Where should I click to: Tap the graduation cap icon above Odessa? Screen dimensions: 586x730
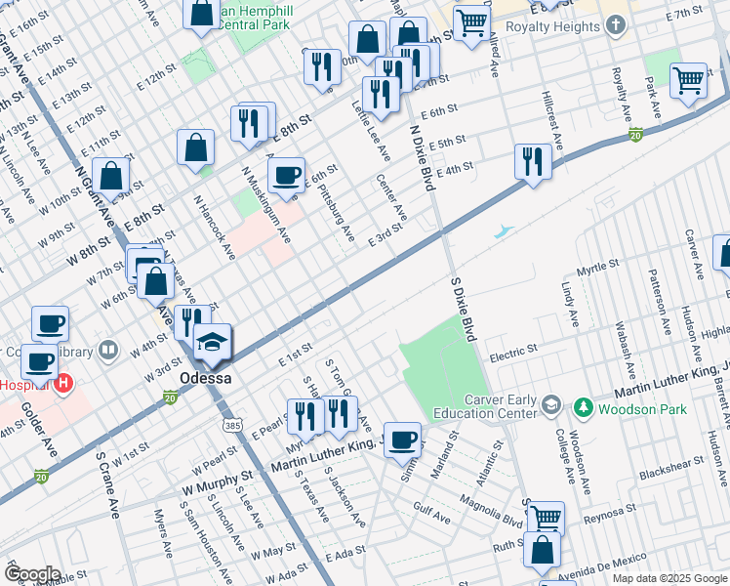point(212,343)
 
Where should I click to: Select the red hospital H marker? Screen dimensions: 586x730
point(64,382)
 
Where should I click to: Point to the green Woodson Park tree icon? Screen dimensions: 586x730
point(583,405)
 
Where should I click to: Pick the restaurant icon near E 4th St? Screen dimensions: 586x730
point(533,160)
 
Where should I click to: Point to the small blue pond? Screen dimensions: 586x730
point(503,232)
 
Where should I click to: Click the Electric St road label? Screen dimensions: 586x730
point(513,350)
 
